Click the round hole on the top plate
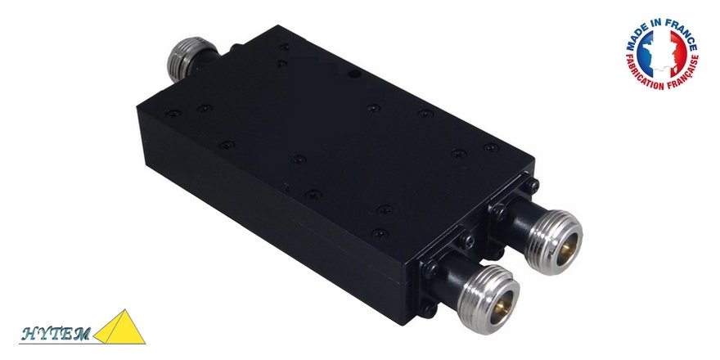point(354,75)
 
